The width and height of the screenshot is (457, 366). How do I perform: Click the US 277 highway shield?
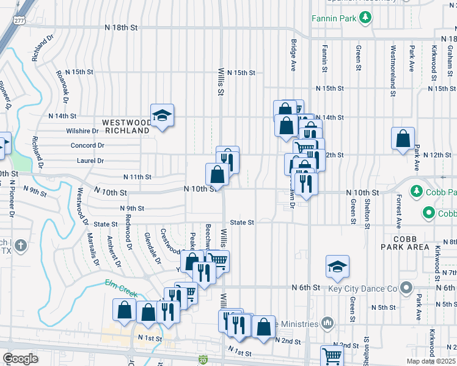(x=20, y=20)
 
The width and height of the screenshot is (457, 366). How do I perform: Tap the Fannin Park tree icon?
(x=365, y=18)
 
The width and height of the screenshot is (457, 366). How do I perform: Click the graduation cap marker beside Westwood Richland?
(x=163, y=116)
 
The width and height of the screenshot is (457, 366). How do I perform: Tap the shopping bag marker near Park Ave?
(x=403, y=139)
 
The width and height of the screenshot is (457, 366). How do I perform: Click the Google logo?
(x=20, y=359)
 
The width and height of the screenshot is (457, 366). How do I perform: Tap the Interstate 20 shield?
(x=203, y=361)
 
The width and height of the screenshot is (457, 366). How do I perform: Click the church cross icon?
(x=21, y=246)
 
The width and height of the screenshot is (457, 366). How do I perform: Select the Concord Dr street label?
(x=87, y=146)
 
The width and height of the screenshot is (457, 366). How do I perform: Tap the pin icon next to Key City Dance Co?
(x=406, y=287)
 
